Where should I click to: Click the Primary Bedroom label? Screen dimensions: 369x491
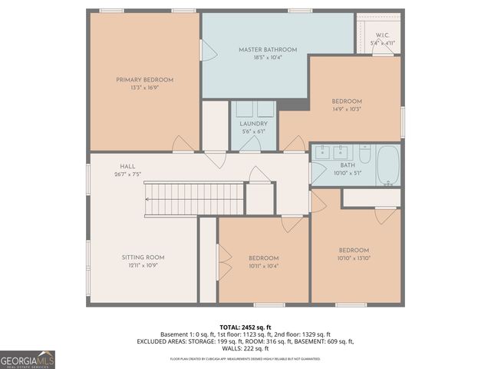tap(144, 79)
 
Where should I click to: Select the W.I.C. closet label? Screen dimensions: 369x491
tap(381, 35)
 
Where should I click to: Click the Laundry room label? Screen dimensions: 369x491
tap(253, 124)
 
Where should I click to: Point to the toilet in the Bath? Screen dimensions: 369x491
tap(364, 158)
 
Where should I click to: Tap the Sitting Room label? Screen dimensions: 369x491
tap(143, 257)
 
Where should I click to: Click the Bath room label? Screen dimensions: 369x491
tap(347, 165)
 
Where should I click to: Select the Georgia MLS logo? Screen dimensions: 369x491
tap(28, 359)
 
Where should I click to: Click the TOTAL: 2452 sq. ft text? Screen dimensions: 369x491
tap(245, 327)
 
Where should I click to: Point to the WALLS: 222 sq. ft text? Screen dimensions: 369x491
tap(245, 348)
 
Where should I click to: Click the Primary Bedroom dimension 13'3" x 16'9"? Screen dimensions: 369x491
tap(144, 88)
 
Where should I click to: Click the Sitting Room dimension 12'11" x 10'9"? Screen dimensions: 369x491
tap(143, 265)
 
